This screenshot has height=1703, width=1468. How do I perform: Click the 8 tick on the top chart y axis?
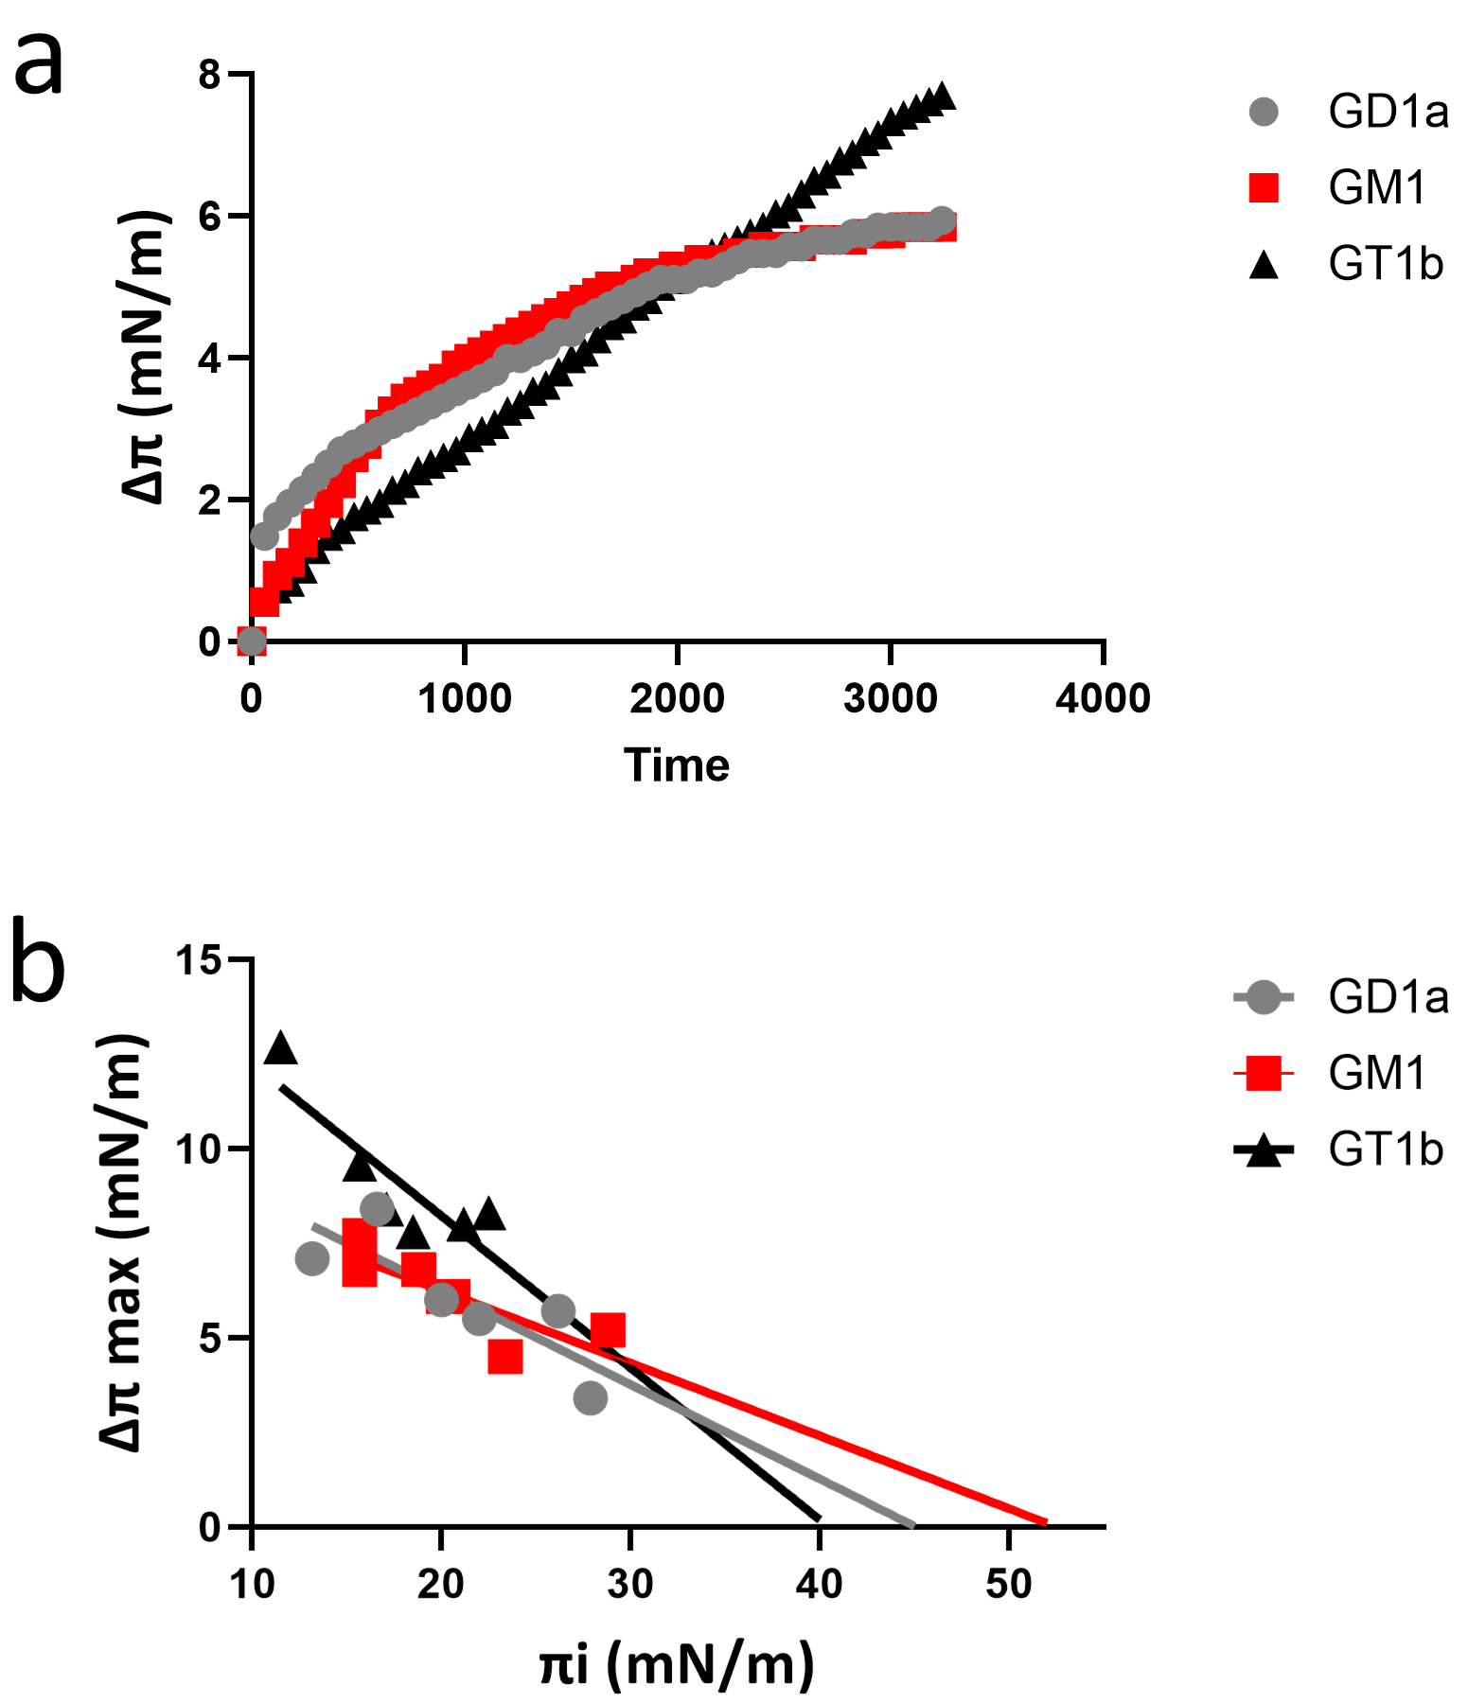[x=209, y=74]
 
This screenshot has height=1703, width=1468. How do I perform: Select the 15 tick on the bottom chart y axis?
[x=198, y=960]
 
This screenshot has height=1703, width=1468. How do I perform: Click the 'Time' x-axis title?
[x=677, y=765]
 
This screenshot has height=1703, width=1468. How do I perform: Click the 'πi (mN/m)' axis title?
[x=677, y=1665]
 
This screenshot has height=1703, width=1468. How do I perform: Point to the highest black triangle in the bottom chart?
[x=280, y=1048]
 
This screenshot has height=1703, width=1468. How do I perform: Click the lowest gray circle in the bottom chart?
[x=590, y=1397]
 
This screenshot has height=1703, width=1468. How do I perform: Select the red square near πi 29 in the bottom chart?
[x=608, y=1330]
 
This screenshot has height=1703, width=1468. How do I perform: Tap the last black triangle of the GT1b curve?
[x=942, y=97]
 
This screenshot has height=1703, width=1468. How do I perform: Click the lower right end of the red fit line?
[x=1045, y=1522]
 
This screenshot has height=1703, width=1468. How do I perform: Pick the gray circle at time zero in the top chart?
[x=251, y=641]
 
